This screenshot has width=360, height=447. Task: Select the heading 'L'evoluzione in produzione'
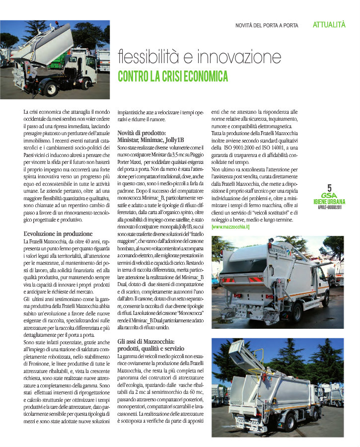(x=58, y=233)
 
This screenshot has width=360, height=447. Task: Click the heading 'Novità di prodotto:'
(x=142, y=134)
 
